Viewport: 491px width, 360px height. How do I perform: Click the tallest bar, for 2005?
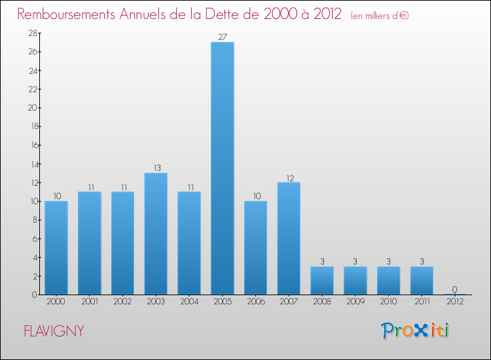point(223,168)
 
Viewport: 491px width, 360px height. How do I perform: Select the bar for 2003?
point(156,234)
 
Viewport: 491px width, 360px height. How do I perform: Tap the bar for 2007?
point(289,238)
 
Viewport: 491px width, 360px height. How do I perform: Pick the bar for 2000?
point(56,247)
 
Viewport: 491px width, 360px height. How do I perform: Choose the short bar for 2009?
point(355,280)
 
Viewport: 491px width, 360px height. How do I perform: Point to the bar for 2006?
point(255,247)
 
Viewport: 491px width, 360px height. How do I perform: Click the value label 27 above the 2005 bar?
point(223,37)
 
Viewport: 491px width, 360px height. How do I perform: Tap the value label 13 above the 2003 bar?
point(156,168)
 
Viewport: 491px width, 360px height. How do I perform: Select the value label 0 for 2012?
point(454,289)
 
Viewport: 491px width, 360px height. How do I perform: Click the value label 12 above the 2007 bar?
point(289,177)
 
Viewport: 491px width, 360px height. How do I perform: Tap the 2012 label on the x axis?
point(454,302)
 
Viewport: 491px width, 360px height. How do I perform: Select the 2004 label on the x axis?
point(189,302)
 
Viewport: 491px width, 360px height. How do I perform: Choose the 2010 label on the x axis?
point(388,302)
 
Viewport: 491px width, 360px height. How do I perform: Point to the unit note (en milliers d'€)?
point(380,15)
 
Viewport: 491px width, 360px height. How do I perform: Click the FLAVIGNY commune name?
point(54,331)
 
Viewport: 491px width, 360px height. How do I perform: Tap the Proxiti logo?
point(415,331)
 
